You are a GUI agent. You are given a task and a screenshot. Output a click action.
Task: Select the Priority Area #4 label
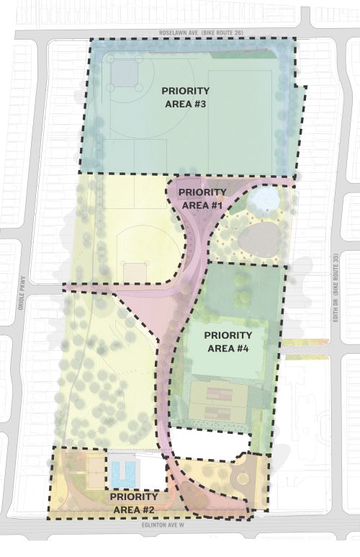(228, 342)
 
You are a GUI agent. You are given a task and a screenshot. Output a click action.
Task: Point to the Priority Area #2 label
(134, 504)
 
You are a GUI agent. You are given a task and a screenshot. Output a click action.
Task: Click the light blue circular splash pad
(264, 197)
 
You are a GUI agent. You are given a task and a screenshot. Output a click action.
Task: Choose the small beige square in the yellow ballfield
(135, 272)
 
